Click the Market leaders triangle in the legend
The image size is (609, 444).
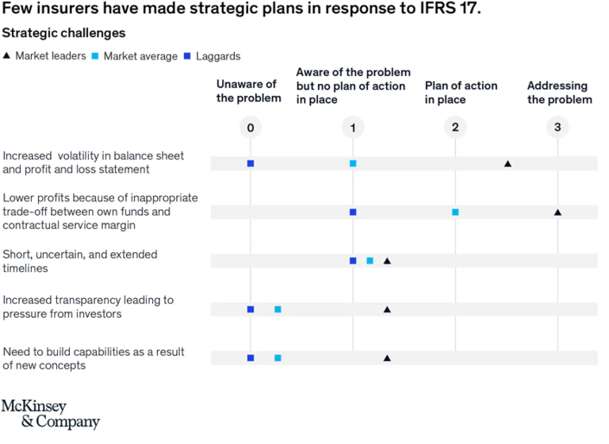(x=7, y=56)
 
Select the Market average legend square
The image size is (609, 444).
(x=96, y=56)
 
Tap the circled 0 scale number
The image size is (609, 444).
(x=251, y=128)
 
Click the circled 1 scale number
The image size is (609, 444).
(x=353, y=128)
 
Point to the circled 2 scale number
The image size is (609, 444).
(x=455, y=128)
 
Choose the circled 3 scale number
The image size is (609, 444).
(x=557, y=128)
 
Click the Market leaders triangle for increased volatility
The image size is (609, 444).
(x=507, y=163)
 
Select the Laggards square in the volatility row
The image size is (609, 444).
(x=251, y=163)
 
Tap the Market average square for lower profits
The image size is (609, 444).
(x=455, y=212)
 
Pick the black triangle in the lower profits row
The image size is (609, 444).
(x=557, y=212)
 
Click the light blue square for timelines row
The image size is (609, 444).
(x=370, y=261)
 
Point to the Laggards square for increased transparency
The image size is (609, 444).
(x=251, y=309)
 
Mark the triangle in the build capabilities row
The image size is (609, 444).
(x=387, y=358)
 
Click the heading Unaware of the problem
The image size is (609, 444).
(x=248, y=91)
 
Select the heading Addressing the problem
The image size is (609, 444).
(x=559, y=92)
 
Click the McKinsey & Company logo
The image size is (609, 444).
(x=51, y=414)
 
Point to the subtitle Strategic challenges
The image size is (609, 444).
(x=63, y=33)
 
